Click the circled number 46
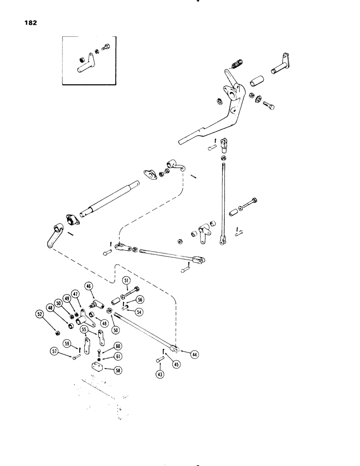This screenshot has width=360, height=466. (89, 286)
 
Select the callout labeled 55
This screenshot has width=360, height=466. (84, 329)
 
